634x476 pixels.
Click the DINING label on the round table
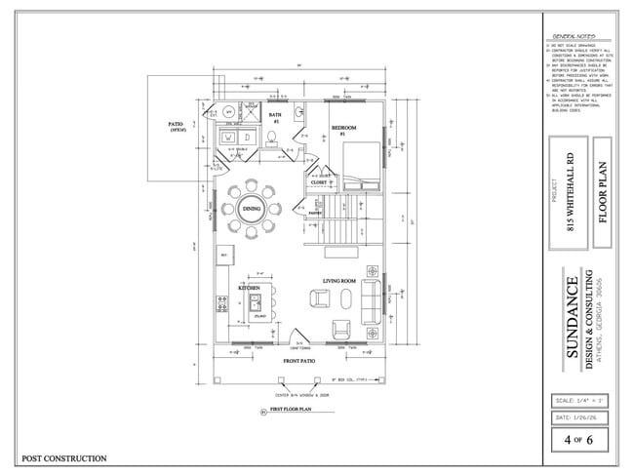[251, 210]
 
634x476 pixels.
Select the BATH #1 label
[275, 118]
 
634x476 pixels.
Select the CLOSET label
[318, 181]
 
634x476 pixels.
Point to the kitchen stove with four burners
[224, 308]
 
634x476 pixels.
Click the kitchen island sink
[259, 303]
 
